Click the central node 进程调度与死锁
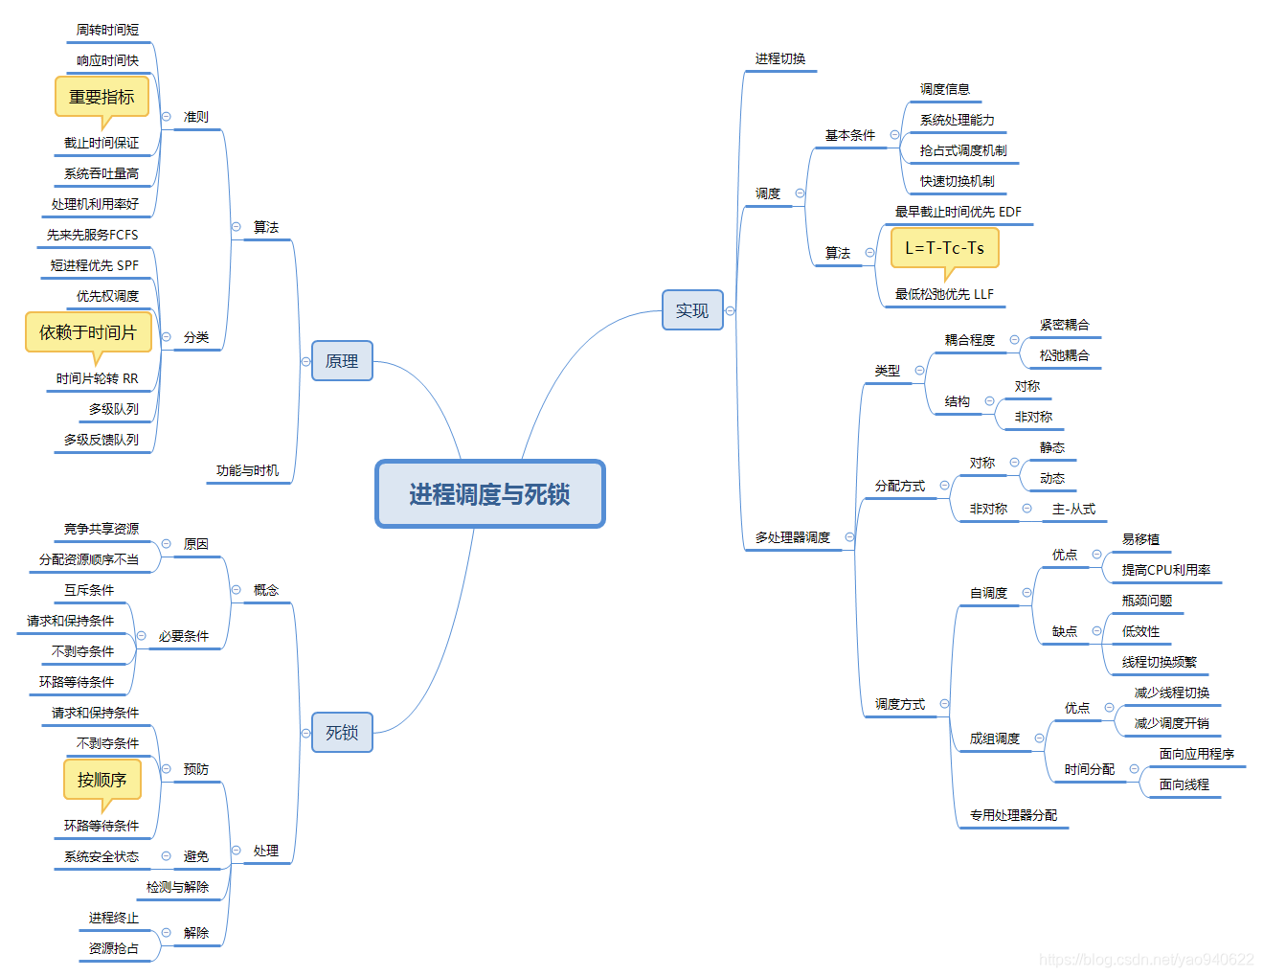[489, 494]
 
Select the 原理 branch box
[342, 361]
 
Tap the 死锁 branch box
[342, 733]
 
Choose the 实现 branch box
[692, 310]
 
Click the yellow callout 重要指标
[101, 97]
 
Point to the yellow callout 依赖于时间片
[88, 332]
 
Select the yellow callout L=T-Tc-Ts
[944, 248]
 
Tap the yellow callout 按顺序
[102, 780]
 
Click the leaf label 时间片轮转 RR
[97, 378]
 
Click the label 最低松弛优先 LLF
[944, 294]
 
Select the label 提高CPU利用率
[1165, 570]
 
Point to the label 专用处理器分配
[1013, 815]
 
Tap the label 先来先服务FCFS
[92, 235]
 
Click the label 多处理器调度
[792, 537]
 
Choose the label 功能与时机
[247, 470]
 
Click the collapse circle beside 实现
[730, 310]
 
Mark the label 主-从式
[1073, 509]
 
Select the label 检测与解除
[177, 887]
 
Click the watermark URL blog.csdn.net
[1146, 959]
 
